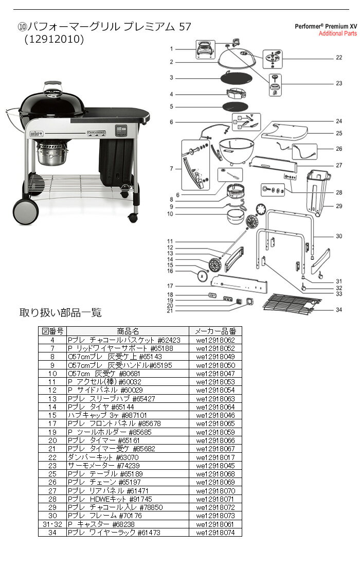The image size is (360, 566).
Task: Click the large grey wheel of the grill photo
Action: click(25, 210)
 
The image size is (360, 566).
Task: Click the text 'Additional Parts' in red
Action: click(337, 33)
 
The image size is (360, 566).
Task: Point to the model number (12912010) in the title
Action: click(54, 40)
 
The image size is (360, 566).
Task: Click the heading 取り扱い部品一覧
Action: click(60, 312)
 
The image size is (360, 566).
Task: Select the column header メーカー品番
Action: click(215, 331)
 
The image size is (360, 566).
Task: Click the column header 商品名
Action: click(128, 331)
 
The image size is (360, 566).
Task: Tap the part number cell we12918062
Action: click(215, 340)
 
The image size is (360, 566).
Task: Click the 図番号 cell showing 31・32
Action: click(52, 524)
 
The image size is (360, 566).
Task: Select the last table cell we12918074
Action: click(215, 532)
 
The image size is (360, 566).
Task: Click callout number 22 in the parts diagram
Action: click(338, 58)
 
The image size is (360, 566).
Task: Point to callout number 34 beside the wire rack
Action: click(338, 310)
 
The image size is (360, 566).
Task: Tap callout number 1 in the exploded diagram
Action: click(173, 49)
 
